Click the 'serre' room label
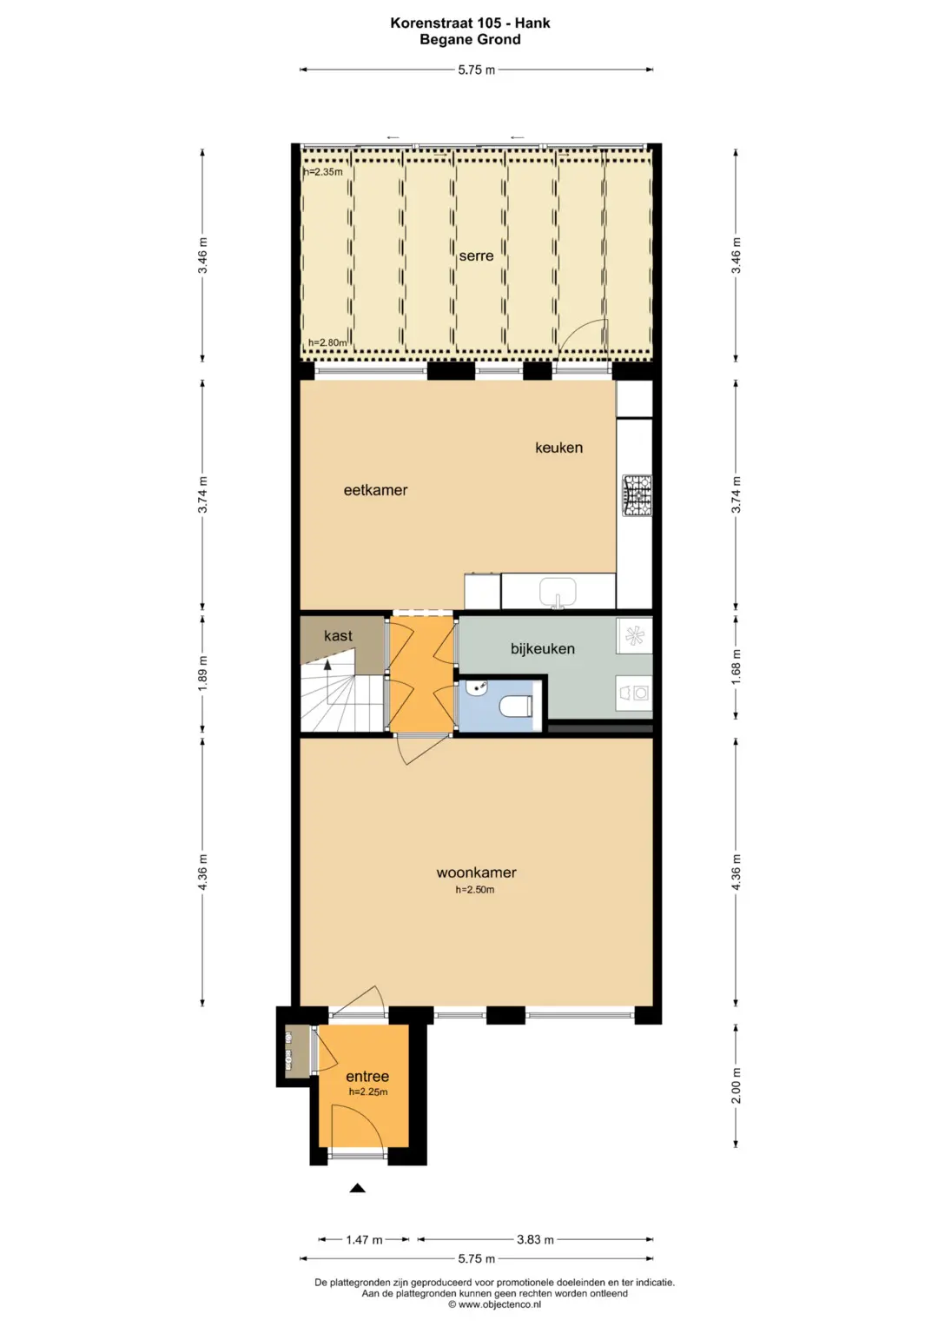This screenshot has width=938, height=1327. tap(476, 255)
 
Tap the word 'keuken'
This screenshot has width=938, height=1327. tap(558, 448)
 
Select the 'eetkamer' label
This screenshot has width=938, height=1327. tap(375, 490)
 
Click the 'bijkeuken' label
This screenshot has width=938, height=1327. tap(543, 648)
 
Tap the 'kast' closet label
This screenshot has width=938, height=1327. tap(338, 635)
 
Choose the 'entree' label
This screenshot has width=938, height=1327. tap(367, 1077)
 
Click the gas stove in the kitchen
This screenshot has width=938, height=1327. tap(637, 494)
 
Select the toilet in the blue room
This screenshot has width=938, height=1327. tap(516, 707)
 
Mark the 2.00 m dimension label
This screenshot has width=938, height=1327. tap(737, 1085)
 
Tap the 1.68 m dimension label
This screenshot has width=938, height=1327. tap(737, 667)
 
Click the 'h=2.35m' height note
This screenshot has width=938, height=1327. tap(323, 172)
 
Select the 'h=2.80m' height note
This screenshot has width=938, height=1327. tap(327, 342)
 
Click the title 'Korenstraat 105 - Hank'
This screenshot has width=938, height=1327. tap(470, 23)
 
